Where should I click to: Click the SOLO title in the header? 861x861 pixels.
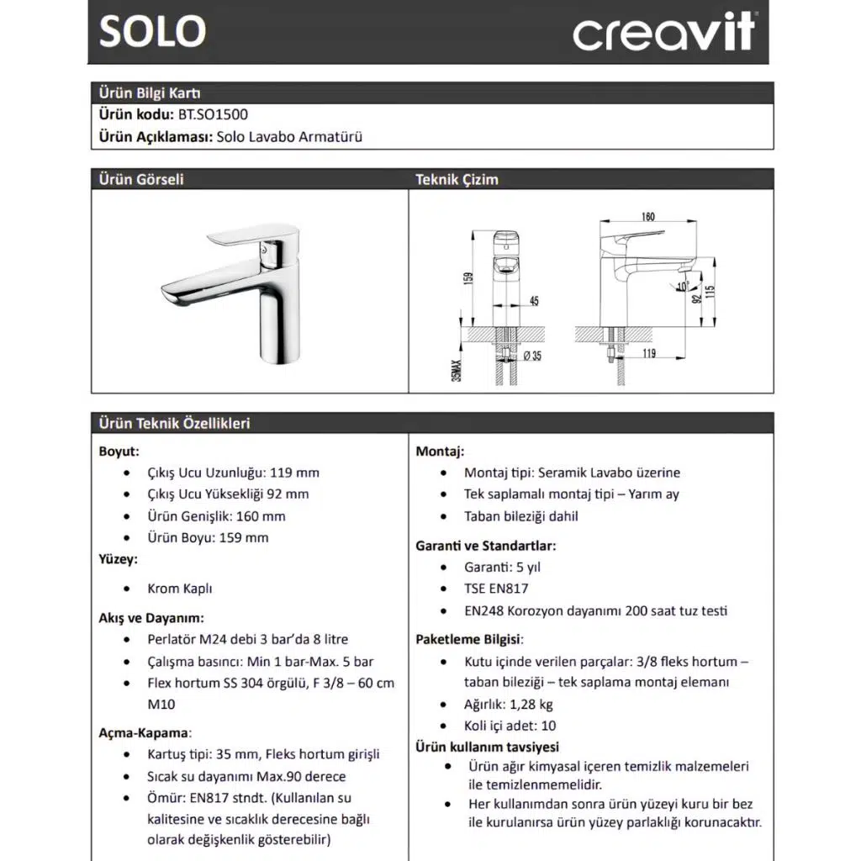click(152, 31)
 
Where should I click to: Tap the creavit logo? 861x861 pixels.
click(664, 33)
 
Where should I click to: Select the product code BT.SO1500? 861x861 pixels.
click(212, 114)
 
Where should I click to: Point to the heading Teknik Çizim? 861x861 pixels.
click(457, 179)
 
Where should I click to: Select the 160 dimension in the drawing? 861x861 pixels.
click(647, 216)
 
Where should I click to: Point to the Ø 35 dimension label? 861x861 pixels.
click(531, 357)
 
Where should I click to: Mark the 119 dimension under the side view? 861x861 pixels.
click(647, 354)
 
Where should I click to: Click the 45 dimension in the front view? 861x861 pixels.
click(535, 300)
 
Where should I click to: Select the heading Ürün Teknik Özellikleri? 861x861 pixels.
click(174, 423)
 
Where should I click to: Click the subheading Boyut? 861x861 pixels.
click(119, 452)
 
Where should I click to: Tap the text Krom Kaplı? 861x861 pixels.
click(180, 589)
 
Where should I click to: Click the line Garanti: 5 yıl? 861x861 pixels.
click(505, 567)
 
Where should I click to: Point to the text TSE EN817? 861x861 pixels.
click(496, 589)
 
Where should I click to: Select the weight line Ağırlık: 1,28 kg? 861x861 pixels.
click(509, 705)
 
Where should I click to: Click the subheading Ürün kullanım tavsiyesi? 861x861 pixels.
click(487, 747)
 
